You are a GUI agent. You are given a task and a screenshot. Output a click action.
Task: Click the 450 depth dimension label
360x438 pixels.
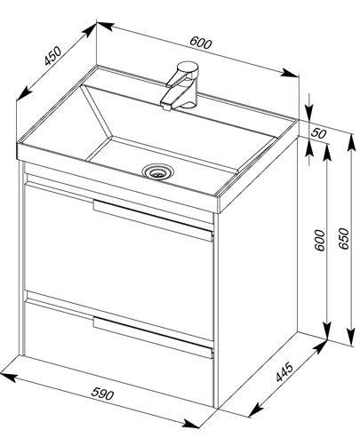(x=52, y=56)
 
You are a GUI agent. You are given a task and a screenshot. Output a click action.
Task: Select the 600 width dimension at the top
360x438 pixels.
(x=201, y=43)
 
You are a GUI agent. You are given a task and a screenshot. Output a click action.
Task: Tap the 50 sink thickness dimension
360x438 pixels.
(x=318, y=133)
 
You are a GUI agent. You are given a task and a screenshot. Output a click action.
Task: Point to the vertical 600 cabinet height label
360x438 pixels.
(x=320, y=240)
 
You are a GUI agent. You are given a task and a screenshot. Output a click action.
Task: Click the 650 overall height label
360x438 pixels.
(x=344, y=239)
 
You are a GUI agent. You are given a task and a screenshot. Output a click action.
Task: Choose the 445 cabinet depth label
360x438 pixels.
(x=284, y=371)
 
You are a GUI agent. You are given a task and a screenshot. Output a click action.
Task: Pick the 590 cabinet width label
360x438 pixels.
(x=102, y=394)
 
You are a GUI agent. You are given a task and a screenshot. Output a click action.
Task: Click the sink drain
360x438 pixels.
(x=158, y=171)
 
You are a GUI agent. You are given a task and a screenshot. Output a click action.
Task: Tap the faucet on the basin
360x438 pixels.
(x=180, y=85)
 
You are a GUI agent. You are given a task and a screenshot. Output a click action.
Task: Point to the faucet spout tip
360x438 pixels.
(x=167, y=106)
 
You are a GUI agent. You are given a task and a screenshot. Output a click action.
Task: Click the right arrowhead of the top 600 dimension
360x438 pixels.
(x=290, y=73)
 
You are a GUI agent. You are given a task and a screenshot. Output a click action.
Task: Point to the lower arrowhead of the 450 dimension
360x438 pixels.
(x=24, y=93)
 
